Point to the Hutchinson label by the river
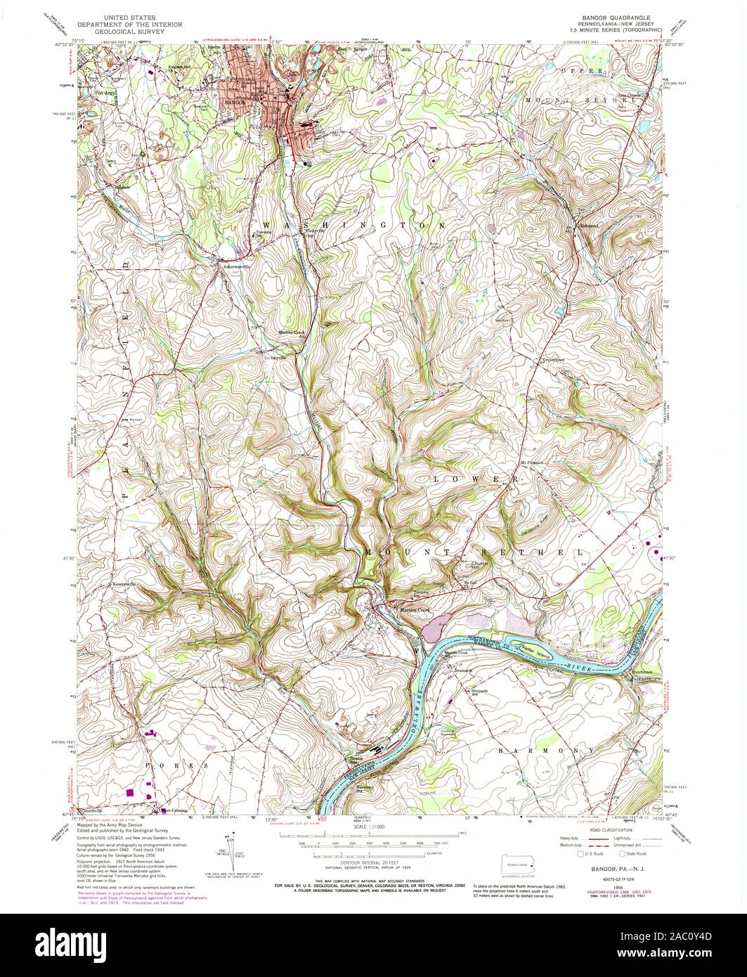[647, 672]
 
